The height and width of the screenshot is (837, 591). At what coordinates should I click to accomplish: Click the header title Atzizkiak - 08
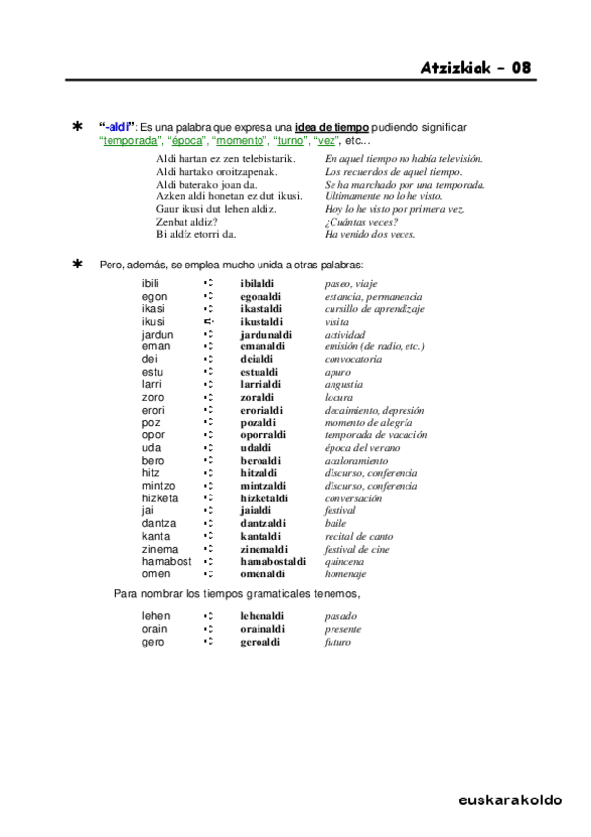[477, 68]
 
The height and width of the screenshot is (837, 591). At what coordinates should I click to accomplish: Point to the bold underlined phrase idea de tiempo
[332, 128]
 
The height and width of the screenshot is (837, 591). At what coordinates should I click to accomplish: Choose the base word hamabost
[166, 561]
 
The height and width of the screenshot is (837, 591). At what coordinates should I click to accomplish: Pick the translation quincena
[345, 561]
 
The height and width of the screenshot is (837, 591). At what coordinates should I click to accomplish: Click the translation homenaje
[345, 573]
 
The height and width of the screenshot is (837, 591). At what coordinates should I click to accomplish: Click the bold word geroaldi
[259, 642]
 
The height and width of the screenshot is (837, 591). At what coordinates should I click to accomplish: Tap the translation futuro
[337, 642]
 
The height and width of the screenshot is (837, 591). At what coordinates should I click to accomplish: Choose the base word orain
[154, 629]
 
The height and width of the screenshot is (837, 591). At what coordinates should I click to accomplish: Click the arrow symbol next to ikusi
[208, 322]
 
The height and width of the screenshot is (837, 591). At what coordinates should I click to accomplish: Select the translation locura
[339, 397]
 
